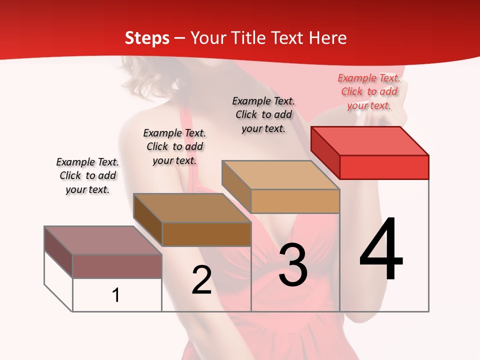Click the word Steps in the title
147,38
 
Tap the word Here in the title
328,38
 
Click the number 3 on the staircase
292,265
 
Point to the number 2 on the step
201,280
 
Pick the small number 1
116,295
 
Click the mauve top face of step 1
103,240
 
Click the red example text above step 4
369,91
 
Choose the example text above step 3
263,114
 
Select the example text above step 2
174,146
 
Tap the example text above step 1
87,175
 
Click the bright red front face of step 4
384,167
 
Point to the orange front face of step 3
295,201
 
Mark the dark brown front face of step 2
206,234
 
